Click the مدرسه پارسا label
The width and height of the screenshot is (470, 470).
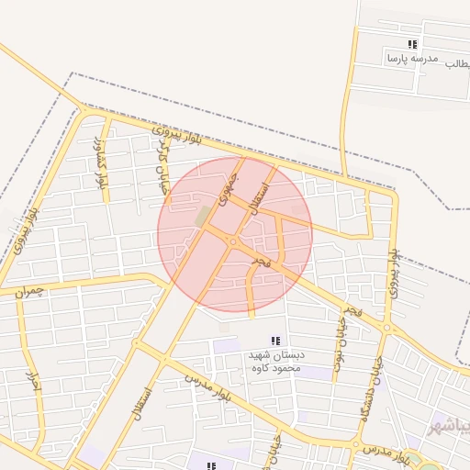click(405, 59)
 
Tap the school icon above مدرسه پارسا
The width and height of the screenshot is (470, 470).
click(413, 44)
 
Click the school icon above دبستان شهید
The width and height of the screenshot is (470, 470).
click(275, 341)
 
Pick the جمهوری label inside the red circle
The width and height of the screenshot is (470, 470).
click(229, 185)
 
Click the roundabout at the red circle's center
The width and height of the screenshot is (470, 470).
click(234, 241)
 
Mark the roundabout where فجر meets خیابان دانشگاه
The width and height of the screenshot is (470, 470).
click(387, 327)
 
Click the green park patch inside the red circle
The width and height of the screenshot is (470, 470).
click(202, 217)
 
